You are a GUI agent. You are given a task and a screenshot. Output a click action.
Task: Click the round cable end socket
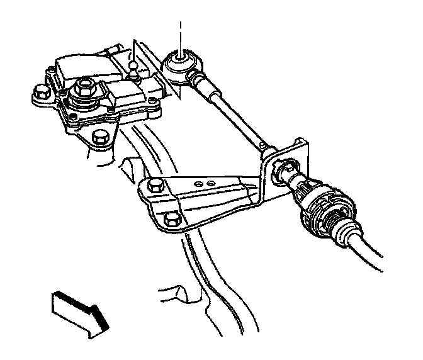click(x=180, y=65)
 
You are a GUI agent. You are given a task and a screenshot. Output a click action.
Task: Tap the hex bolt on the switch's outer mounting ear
click(x=40, y=95)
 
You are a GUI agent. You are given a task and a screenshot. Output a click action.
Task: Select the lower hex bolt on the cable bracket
click(x=171, y=219)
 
